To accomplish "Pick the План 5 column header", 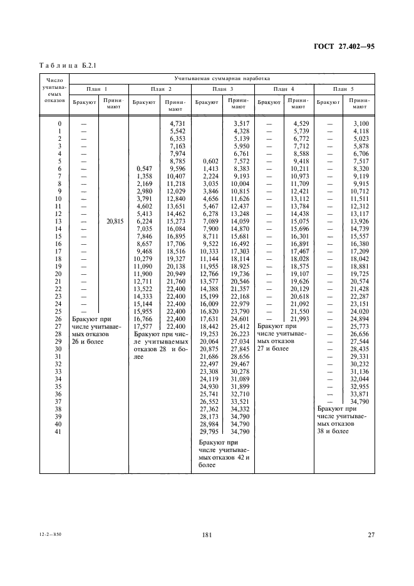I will [x=343, y=90].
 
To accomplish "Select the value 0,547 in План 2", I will [x=144, y=168].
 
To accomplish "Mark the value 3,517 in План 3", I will [x=241, y=123].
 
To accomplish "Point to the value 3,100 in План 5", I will [x=362, y=123].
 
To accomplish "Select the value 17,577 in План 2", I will [x=143, y=326].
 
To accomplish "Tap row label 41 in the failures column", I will [x=59, y=431].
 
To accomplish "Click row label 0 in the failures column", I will [x=59, y=123].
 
